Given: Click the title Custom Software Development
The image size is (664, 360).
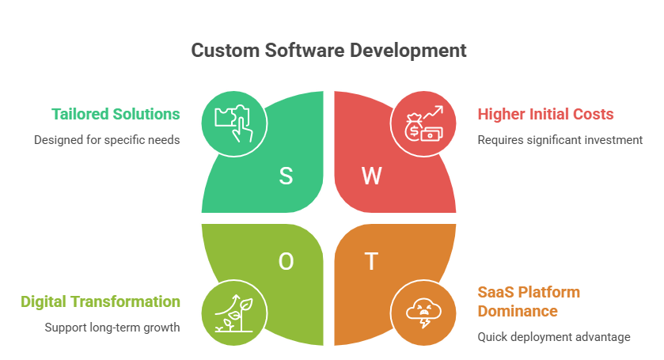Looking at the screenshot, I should [x=329, y=51].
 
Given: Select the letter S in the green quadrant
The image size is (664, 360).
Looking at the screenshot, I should [x=286, y=176].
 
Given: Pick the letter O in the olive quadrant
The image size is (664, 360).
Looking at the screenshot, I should [x=286, y=262].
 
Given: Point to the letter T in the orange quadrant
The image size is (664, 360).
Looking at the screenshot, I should [x=370, y=262].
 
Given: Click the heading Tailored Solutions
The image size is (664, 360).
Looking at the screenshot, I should [x=116, y=114].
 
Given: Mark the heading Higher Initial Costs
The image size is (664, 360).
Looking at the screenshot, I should [x=545, y=114].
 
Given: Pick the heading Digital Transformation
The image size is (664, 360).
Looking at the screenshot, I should [x=101, y=301].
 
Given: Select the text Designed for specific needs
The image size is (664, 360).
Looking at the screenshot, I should [x=107, y=140].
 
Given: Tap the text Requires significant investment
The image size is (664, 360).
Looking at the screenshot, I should [x=560, y=140].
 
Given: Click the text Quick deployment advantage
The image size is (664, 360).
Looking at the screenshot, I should [x=553, y=337].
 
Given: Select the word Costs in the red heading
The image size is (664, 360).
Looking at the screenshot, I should [x=594, y=114].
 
